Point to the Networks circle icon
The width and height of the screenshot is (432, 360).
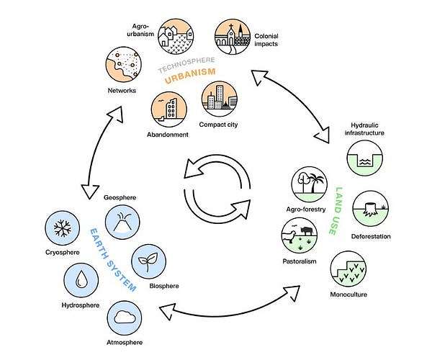pos(122,64)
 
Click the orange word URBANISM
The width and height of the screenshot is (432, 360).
pos(189,80)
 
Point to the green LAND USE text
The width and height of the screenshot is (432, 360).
pos(339,210)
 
